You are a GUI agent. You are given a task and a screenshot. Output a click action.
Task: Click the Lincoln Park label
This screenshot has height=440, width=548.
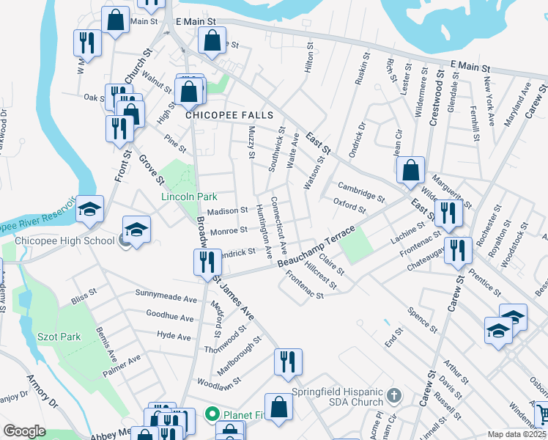click(x=190, y=197)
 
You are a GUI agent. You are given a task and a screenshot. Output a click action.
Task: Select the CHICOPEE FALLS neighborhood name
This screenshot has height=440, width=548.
click(x=229, y=115)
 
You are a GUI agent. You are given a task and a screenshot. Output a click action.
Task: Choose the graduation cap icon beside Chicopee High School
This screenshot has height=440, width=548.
click(x=136, y=229)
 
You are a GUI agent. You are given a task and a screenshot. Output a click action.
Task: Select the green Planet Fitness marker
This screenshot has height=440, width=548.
click(x=212, y=414)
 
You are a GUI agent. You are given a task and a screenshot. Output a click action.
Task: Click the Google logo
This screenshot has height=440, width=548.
click(x=24, y=431)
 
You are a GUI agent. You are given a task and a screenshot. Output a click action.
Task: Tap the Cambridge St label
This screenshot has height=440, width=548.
click(x=360, y=191)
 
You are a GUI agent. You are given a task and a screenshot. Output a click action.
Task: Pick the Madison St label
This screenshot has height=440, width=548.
click(x=227, y=211)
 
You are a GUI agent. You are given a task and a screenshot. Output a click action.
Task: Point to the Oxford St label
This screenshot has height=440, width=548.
click(x=349, y=205)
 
